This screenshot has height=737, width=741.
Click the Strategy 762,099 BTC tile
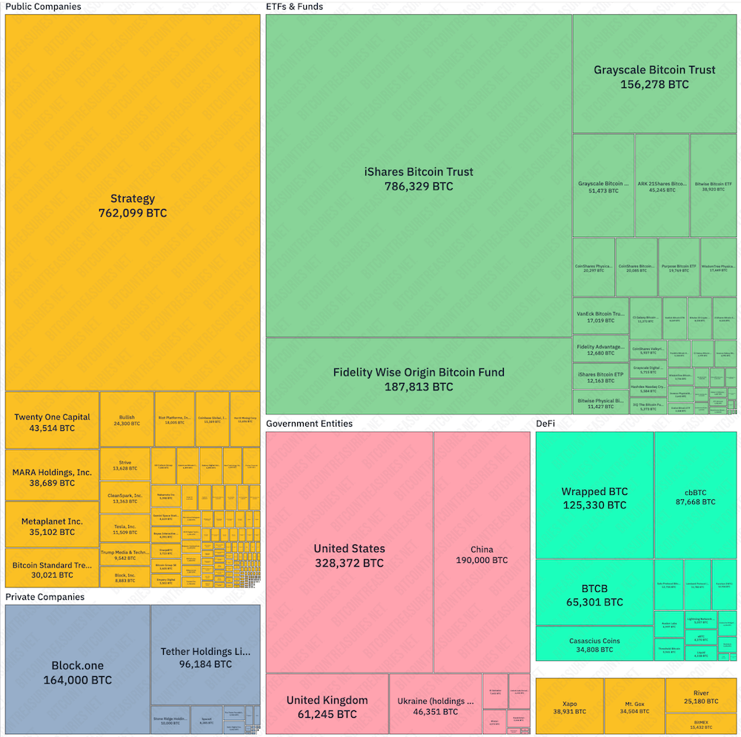(133, 205)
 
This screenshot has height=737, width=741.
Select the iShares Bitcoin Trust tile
(419, 178)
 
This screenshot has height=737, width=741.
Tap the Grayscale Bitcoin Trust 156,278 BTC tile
(654, 76)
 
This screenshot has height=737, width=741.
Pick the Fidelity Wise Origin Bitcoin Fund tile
(419, 378)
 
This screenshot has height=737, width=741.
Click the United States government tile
(349, 555)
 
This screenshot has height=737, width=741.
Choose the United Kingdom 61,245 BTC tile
(327, 707)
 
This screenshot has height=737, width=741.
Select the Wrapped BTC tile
(594, 498)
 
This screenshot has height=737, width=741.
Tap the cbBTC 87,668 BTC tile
(695, 496)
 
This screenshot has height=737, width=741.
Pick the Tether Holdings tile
(205, 657)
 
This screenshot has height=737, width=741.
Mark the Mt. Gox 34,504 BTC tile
(634, 706)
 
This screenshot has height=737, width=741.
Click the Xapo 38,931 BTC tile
(569, 706)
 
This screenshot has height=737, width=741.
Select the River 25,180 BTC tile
(700, 696)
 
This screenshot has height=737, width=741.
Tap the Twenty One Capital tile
(52, 421)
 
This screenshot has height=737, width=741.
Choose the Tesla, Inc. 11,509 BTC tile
(124, 529)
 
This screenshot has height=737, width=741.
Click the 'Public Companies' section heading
(43, 7)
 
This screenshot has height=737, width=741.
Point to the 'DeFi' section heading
(545, 424)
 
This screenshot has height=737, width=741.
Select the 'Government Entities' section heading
(309, 424)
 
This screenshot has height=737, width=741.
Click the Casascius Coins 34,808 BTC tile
(594, 644)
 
